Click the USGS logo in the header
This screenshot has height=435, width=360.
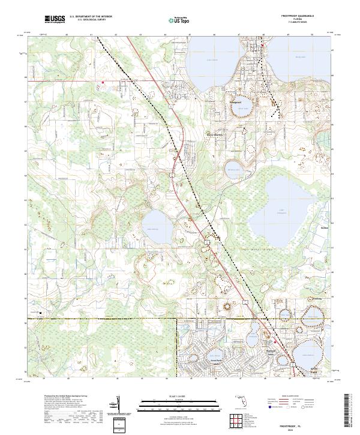pyautogui.click(x=55, y=20)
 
